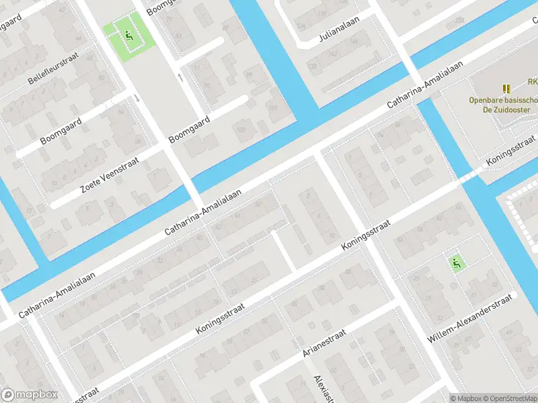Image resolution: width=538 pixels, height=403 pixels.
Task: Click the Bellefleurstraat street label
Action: [54, 71]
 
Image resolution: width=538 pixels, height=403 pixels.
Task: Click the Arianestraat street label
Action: [324, 343]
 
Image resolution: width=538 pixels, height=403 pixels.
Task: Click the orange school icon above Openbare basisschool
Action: [506, 88]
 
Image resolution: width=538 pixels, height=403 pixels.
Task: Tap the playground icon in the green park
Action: [129, 36]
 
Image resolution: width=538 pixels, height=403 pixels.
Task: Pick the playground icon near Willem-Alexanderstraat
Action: [456, 263]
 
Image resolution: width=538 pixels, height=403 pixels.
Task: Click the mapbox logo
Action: [28, 395]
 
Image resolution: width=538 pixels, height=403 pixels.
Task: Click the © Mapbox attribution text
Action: [465, 398]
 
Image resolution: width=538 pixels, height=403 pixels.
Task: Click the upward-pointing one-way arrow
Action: [180, 77]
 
